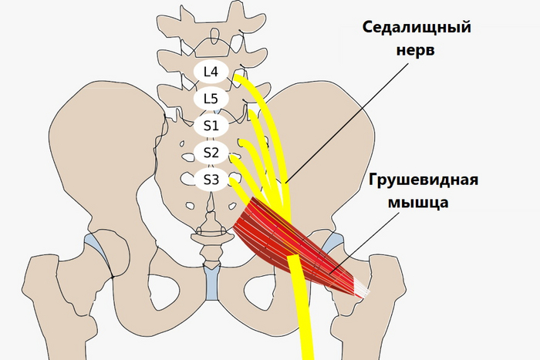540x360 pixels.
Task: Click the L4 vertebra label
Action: [211, 72]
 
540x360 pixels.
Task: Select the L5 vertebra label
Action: [211, 99]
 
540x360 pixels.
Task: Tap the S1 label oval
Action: [211, 125]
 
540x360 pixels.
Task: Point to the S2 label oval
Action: [211, 152]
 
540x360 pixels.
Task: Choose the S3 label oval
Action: [211, 180]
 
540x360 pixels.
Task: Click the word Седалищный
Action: [417, 28]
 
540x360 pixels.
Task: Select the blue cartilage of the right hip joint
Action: [334, 242]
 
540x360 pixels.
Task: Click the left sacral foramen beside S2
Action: [187, 157]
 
